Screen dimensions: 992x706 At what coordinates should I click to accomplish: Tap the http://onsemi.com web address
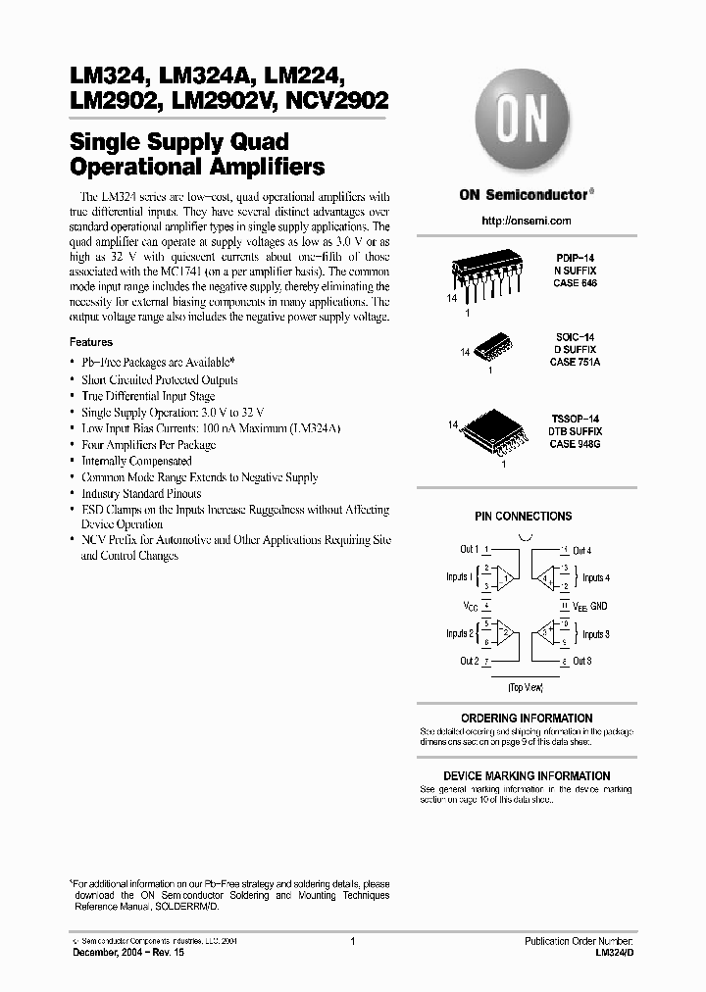pos(527,222)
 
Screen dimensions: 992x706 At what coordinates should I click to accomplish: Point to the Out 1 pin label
pos(469,550)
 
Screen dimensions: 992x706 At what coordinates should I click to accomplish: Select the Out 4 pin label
pos(582,551)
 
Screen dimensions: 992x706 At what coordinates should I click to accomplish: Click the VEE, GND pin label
pos(590,607)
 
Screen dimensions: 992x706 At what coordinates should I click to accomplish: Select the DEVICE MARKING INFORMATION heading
pos(527,775)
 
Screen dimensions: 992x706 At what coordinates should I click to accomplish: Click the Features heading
pos(91,342)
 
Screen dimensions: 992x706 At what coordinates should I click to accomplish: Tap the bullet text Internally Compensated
pos(136,461)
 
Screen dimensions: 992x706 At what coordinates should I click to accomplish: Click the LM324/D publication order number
pos(615,952)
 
